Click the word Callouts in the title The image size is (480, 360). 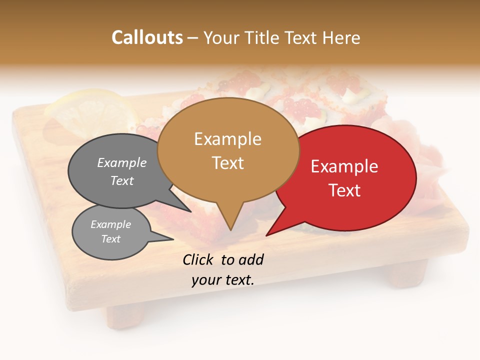point(147,37)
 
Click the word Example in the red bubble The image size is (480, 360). point(344,166)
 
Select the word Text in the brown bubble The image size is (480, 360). point(228,163)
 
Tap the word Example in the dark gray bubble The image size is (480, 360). point(122,163)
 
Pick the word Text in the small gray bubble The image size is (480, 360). point(111,239)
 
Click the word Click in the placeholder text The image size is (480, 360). point(199,259)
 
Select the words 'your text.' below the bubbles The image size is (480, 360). point(223,280)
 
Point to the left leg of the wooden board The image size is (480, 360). point(125,315)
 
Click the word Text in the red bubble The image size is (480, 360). point(344,190)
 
